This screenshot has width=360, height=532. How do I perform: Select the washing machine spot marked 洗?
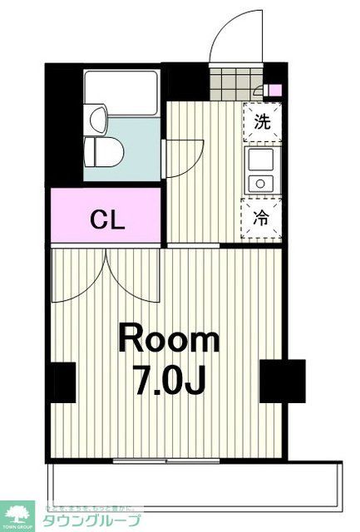261,121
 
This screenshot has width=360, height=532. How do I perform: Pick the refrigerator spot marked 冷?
261,219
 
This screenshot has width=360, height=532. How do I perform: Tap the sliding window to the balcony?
159,460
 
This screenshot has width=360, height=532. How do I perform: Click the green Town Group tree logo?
17,515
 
